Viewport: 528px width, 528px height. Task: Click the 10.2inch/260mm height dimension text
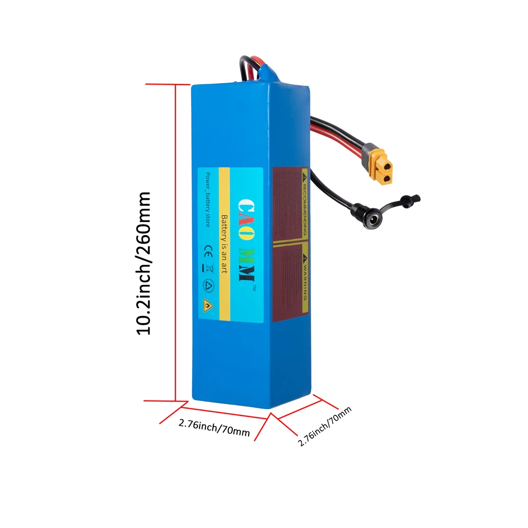click(x=144, y=263)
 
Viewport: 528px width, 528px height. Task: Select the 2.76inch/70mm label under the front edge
click(x=214, y=427)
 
